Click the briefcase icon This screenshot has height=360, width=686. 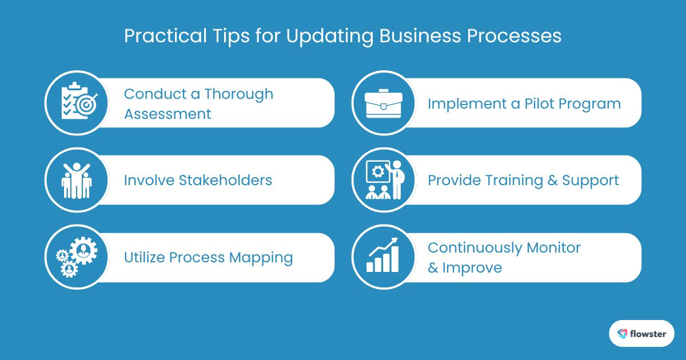(384, 103)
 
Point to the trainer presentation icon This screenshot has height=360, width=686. (384, 180)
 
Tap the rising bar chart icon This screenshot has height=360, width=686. (384, 258)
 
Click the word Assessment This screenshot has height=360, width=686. (167, 114)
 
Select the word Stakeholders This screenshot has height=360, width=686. (225, 181)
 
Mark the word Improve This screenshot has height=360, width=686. (472, 268)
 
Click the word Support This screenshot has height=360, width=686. (591, 181)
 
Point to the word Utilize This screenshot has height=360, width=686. (145, 258)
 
